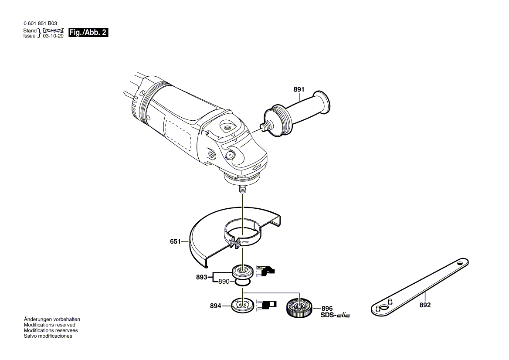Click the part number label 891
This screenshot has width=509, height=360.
pos(299,90)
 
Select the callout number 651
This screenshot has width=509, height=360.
pos(175,241)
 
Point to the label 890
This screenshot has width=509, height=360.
pos(224,282)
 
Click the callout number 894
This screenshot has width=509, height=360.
pos(215,306)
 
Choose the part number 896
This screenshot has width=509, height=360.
pos(327,308)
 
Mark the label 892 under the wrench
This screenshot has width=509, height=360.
pos(425,305)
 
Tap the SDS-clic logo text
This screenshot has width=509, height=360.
pos(335,315)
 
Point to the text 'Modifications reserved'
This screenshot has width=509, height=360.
pos(49,325)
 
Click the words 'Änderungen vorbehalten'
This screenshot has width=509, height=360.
pos(52,319)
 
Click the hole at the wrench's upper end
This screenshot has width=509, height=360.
pos(460,263)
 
